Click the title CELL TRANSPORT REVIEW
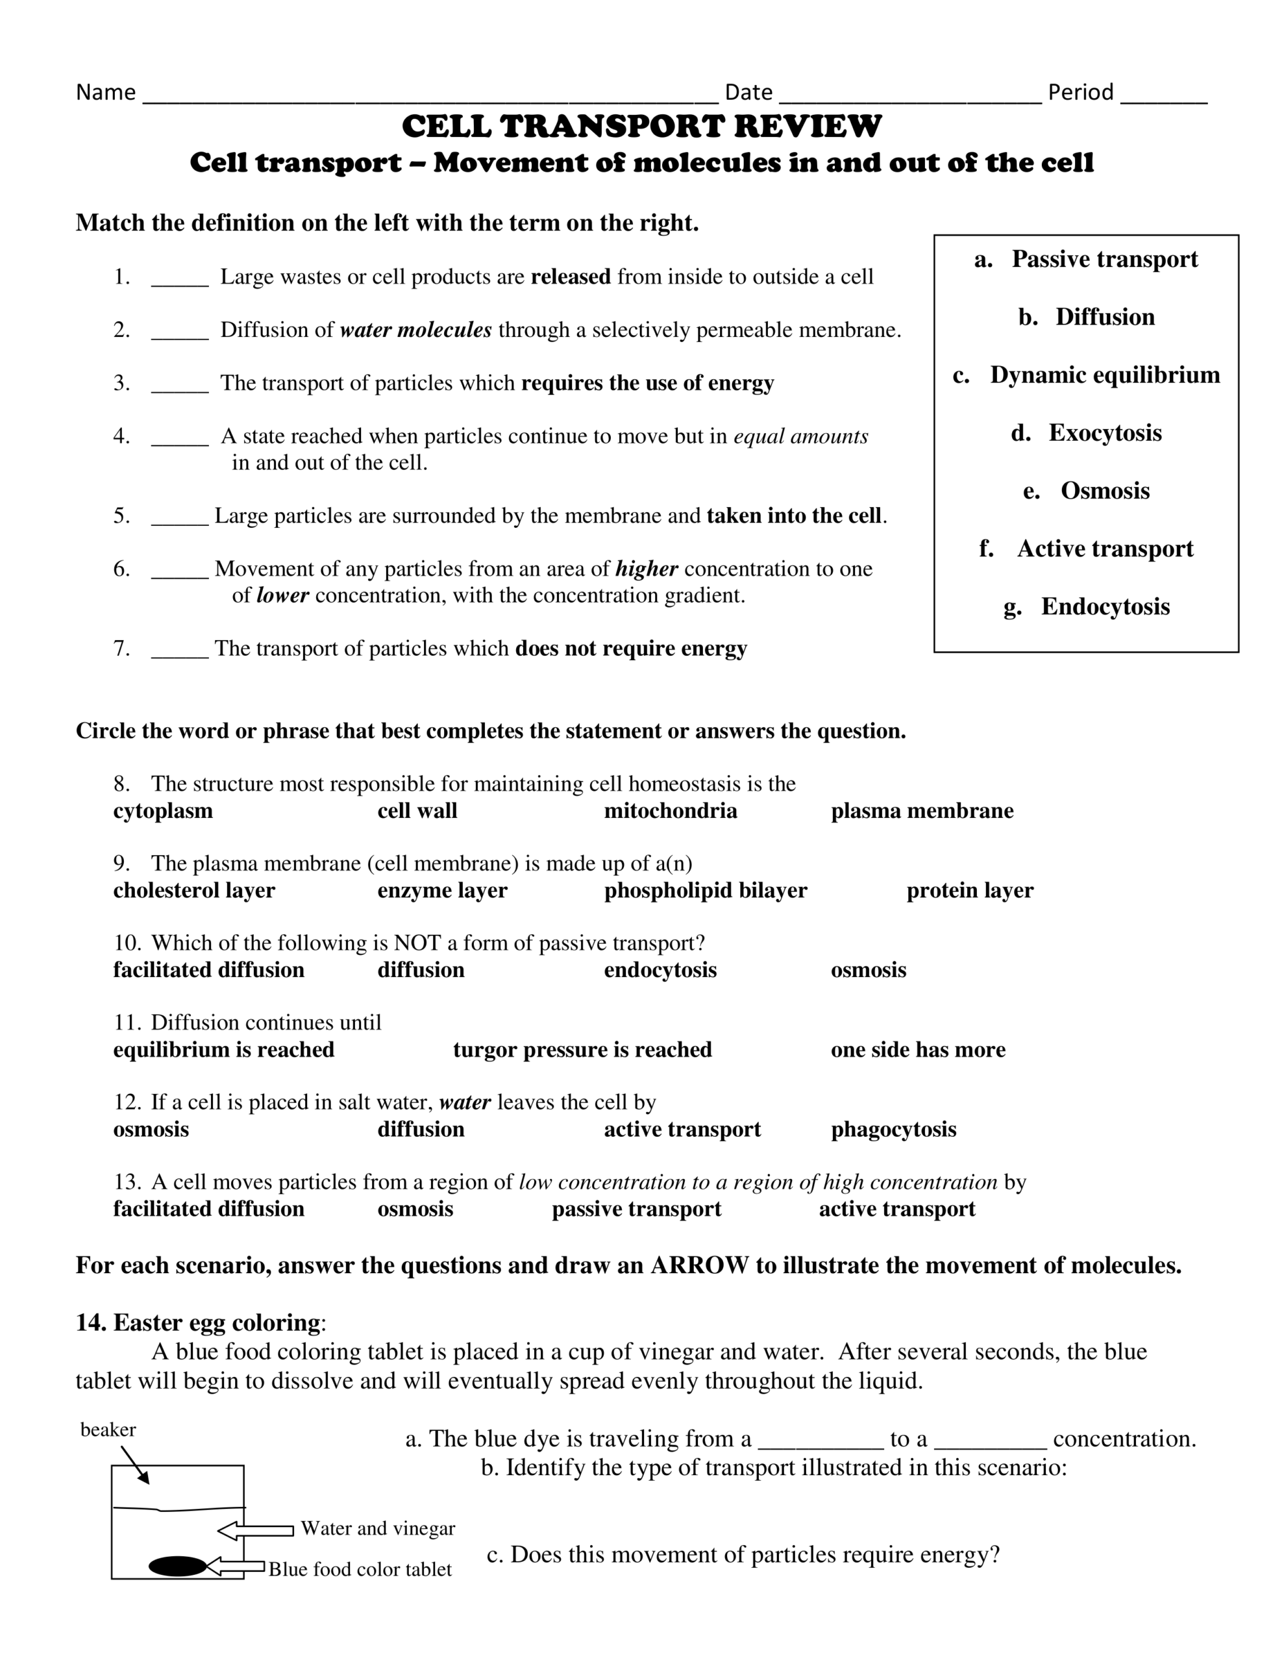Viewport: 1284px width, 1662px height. (x=641, y=127)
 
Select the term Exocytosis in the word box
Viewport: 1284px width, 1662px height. (x=1104, y=433)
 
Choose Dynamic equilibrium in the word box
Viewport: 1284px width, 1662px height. (x=1104, y=375)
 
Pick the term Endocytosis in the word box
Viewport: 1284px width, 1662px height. (x=1104, y=606)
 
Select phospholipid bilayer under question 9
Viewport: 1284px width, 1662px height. (x=706, y=890)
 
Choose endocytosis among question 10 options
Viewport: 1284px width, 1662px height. (x=660, y=971)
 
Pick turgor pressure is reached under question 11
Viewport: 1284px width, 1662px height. (x=582, y=1050)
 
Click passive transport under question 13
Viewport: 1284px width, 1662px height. (x=636, y=1209)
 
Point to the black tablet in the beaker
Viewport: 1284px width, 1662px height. (x=177, y=1566)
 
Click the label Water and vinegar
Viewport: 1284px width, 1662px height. (x=378, y=1529)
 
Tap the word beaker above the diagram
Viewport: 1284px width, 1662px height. (x=108, y=1430)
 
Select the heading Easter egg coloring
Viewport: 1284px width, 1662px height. (x=217, y=1322)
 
